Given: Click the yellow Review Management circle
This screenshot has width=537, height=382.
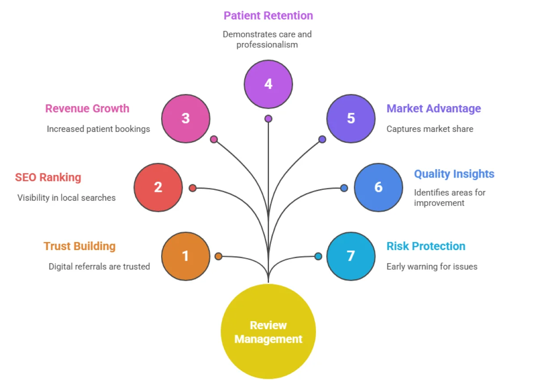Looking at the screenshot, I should tap(268, 331).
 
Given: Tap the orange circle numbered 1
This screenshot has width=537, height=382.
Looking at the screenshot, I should tap(185, 256).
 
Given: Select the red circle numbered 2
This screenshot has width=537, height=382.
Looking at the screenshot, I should tap(158, 187).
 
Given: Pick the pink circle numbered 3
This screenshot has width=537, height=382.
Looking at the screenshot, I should tap(185, 119).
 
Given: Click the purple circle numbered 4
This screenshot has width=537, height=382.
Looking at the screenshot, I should tap(268, 84).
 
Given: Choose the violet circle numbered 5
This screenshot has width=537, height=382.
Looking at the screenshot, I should tap(351, 119).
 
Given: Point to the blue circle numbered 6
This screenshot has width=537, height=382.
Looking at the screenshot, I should tap(378, 187).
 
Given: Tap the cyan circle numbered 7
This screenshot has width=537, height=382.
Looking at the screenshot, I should tap(351, 256).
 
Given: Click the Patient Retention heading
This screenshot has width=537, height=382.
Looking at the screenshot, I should tap(268, 16).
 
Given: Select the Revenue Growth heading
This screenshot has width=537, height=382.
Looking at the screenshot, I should tap(87, 109).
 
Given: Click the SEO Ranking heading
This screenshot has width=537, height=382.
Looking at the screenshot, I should tap(48, 177).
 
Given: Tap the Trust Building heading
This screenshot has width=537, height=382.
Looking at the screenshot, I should tap(80, 246).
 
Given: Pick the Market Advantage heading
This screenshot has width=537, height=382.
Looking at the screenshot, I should tap(434, 109).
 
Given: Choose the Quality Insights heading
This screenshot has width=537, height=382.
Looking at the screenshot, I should tap(454, 174).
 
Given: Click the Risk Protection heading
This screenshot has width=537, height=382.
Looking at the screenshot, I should tap(426, 246).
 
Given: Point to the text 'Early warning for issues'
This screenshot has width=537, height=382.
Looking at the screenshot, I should tap(432, 267).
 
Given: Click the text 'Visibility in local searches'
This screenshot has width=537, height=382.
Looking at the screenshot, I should tap(67, 198).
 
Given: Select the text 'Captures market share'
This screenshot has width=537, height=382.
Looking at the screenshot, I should tap(430, 129).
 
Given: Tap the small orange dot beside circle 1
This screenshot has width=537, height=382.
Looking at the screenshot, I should tap(218, 256).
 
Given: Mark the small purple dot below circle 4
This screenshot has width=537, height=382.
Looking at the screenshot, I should tap(268, 119).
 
